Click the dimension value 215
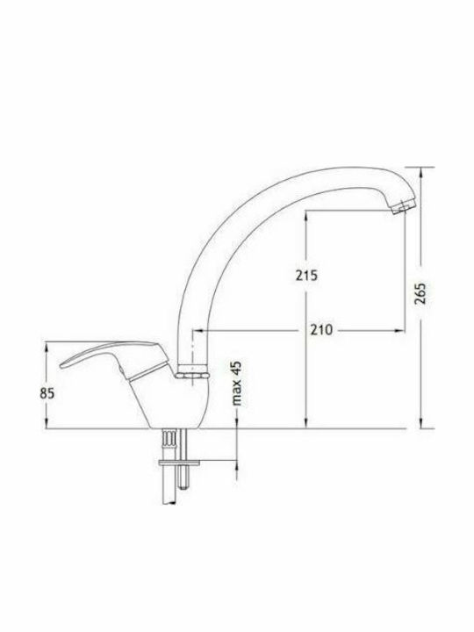point(306,276)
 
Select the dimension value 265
point(420,293)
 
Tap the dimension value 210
point(321,330)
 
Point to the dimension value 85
point(47,393)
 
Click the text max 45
point(237,384)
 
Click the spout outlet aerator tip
point(400,207)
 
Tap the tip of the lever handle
point(61,366)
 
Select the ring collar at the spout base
point(192,371)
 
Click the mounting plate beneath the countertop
point(179,463)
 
